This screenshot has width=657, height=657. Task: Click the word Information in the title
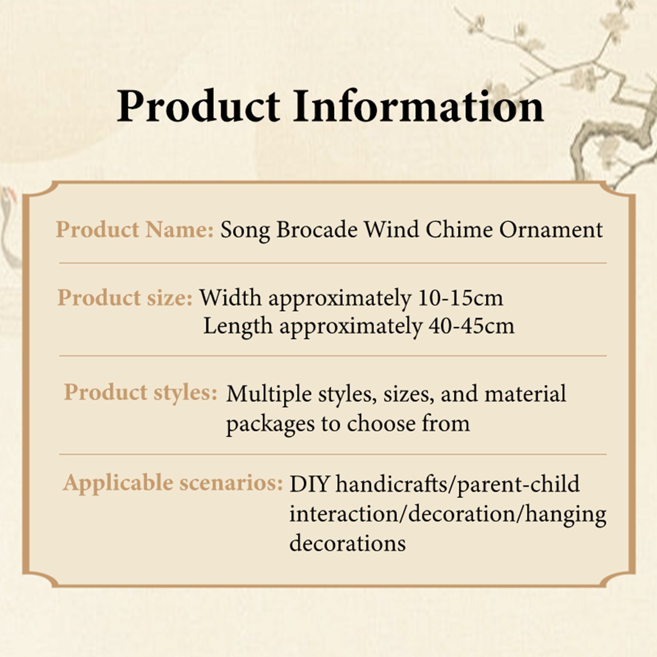(x=418, y=106)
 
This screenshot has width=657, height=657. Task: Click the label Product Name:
(x=135, y=229)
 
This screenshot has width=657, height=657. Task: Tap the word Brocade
(x=317, y=229)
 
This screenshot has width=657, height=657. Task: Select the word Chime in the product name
(x=459, y=229)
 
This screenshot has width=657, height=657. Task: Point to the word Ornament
(x=551, y=229)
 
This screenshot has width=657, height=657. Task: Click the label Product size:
(x=125, y=298)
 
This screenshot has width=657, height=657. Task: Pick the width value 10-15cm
(x=460, y=298)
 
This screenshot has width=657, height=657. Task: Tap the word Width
(x=230, y=298)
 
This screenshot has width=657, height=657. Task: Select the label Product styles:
(x=140, y=393)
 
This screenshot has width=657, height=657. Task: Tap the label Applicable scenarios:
(x=173, y=483)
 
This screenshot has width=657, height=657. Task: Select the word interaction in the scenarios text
(x=347, y=514)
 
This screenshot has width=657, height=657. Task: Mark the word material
(x=525, y=393)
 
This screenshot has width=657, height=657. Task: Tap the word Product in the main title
(x=198, y=106)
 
